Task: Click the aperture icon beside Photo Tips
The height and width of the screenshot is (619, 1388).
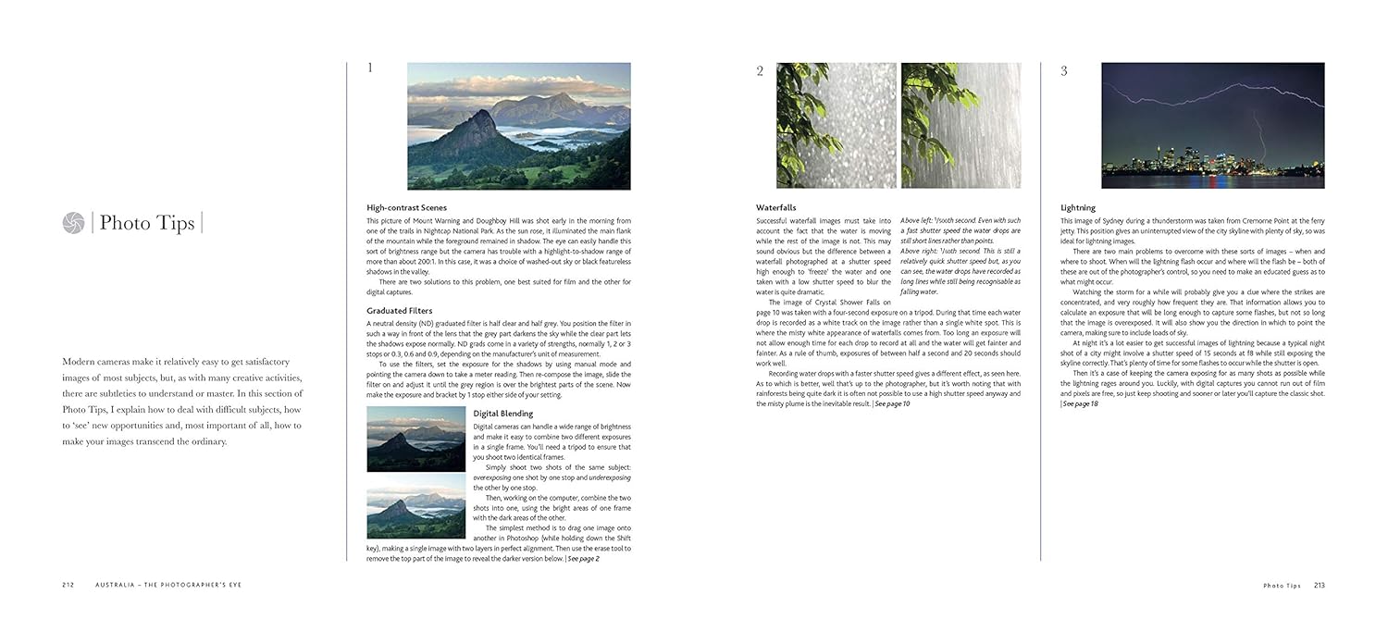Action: point(73,223)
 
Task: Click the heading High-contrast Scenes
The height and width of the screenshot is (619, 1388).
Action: point(406,207)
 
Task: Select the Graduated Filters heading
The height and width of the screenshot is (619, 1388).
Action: point(399,311)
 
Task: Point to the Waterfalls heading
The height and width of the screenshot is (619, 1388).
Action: point(775,208)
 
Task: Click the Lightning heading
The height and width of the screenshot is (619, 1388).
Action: point(1077,208)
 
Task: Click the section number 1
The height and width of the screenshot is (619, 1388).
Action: point(370,68)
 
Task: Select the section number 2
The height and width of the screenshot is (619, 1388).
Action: point(760,71)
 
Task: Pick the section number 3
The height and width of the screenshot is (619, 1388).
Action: point(1063,71)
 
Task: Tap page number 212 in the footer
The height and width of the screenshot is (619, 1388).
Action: point(68,585)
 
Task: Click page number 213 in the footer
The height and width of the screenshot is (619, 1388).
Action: point(1319,585)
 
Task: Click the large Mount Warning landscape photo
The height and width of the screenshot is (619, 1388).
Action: point(518,126)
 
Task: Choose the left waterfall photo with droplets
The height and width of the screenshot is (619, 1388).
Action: point(836,126)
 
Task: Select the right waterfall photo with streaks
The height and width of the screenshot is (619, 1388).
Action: point(960,126)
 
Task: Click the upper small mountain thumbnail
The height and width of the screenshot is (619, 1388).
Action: point(415,439)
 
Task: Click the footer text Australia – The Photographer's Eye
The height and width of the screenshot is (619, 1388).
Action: point(164,585)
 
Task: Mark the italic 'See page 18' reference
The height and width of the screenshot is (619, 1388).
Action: point(1080,404)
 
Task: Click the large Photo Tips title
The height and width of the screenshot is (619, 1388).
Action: point(147,223)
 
